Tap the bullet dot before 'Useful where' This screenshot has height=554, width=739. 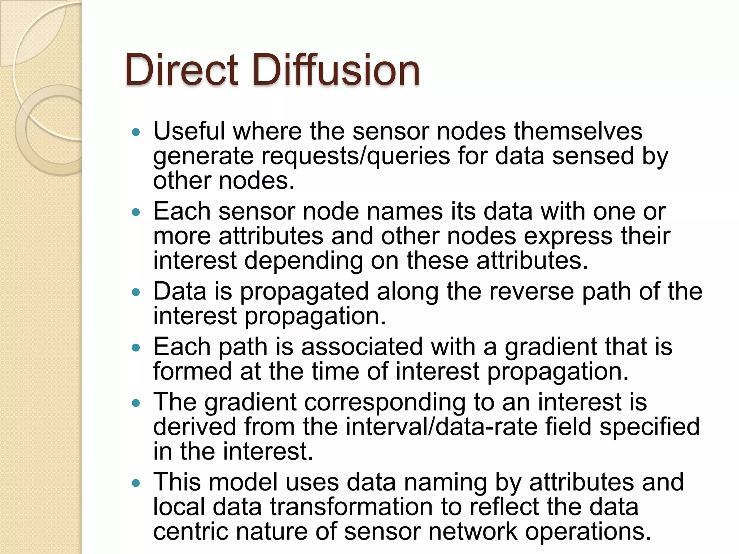coord(136,132)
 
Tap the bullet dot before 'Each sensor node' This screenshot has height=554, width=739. coord(136,212)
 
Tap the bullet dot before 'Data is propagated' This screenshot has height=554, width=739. coord(136,293)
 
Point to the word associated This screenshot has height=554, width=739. coord(362,347)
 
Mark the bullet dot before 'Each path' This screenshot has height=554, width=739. coord(136,348)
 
